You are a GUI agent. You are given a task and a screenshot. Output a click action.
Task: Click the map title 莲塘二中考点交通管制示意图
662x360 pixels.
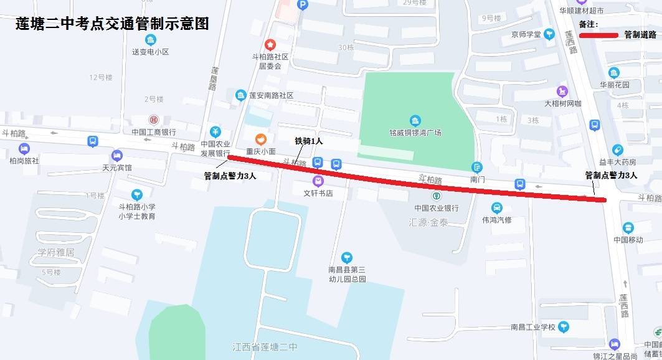click(x=112, y=24)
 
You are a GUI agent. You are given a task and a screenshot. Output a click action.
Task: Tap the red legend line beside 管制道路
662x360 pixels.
click(x=598, y=35)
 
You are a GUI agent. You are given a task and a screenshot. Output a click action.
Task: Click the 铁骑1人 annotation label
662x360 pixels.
click(x=309, y=141)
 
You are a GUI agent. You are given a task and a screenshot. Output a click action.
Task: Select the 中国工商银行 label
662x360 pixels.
click(x=154, y=132)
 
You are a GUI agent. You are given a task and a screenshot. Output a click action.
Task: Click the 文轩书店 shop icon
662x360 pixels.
click(x=318, y=181)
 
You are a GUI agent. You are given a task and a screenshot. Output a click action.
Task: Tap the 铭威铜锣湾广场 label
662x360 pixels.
click(x=415, y=133)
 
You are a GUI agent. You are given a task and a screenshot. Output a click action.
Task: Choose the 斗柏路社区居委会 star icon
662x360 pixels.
click(x=270, y=45)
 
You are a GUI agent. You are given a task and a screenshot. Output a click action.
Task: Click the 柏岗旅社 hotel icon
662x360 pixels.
click(x=24, y=149)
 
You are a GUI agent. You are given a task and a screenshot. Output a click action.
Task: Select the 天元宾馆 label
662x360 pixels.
click(x=117, y=168)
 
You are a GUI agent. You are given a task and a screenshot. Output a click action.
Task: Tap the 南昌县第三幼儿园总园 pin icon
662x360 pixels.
click(x=347, y=257)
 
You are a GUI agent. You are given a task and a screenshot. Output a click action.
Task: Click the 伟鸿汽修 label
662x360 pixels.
click(x=496, y=220)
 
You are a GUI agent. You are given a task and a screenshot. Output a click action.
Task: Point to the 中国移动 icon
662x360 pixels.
click(x=628, y=228)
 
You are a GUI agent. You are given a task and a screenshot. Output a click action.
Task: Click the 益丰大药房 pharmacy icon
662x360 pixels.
click(x=617, y=149)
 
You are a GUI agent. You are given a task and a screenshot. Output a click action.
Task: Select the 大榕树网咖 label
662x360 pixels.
click(x=562, y=103)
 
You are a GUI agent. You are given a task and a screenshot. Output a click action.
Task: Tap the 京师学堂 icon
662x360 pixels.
click(x=549, y=34)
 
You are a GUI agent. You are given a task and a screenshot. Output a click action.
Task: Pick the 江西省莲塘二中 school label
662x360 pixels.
click(x=265, y=347)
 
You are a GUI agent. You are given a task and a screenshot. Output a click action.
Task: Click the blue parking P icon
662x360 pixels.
click(x=303, y=4)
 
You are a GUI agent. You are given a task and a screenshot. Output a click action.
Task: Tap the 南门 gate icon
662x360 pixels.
click(x=477, y=167)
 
